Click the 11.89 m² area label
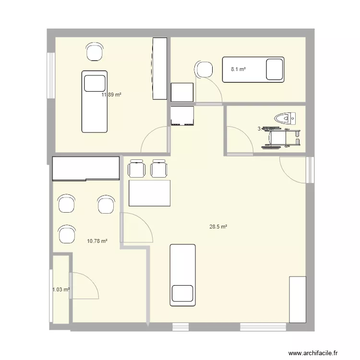[111, 95]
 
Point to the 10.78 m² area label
[96, 241]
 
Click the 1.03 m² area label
[61, 289]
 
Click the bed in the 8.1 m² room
[252, 70]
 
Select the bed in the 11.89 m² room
[94, 101]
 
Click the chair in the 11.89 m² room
[95, 51]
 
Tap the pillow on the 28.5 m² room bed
[182, 293]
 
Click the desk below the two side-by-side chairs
[150, 193]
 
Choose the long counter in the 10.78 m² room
[85, 168]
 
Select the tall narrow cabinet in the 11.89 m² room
[160, 69]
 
